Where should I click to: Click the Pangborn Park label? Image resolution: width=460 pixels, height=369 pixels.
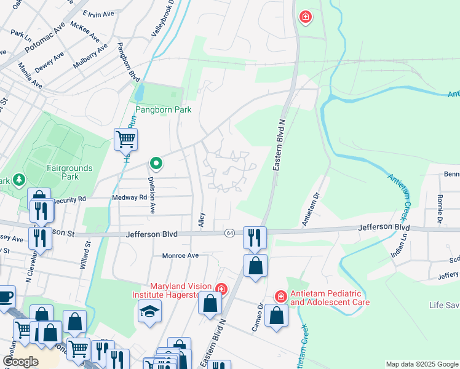[x=164, y=110]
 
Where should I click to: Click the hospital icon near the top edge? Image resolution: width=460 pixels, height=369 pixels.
[x=304, y=17]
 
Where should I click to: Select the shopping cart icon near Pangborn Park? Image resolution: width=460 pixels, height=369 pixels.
[x=125, y=140]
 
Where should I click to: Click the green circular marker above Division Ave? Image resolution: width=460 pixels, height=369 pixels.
[x=156, y=164]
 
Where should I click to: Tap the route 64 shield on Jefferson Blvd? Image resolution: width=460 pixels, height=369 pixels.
[x=229, y=233]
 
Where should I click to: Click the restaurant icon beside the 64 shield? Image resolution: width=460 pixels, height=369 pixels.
[x=254, y=236]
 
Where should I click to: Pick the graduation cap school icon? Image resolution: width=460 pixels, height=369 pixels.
[x=149, y=311]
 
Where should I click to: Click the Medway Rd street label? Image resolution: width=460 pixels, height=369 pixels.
[x=130, y=197]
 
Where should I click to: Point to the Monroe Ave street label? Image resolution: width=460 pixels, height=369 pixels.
[x=180, y=255]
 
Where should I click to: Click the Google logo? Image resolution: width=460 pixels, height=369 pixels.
[x=21, y=361]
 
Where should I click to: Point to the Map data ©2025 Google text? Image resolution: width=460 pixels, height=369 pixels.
[x=421, y=364]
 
